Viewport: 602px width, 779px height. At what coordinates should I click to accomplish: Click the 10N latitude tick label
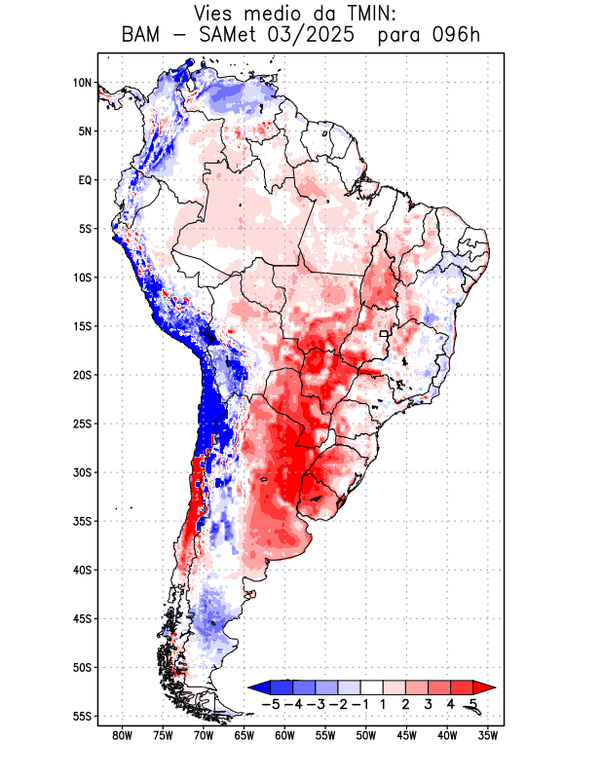click(x=82, y=83)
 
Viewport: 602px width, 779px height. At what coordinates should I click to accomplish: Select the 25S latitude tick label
click(x=81, y=424)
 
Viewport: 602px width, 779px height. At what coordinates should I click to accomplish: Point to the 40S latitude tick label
click(x=81, y=570)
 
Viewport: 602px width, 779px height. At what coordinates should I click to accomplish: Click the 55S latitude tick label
click(x=81, y=716)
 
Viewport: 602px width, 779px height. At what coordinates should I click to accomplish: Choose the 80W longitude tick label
click(x=122, y=735)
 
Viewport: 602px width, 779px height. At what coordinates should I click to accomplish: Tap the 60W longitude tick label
click(x=284, y=735)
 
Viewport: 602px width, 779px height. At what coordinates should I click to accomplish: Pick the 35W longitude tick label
click(x=488, y=735)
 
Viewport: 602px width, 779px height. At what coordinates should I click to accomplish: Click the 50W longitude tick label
click(x=366, y=735)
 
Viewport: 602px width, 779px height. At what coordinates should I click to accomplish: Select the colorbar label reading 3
click(x=429, y=704)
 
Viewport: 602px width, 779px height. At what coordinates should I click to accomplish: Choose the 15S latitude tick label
click(x=81, y=326)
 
